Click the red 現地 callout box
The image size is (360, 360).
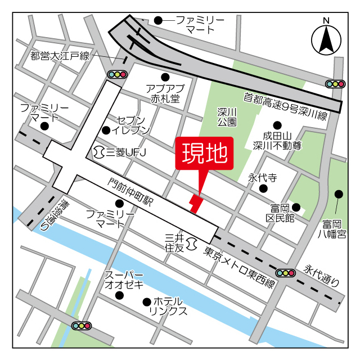click(204, 152)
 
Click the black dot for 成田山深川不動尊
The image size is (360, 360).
click(277, 125)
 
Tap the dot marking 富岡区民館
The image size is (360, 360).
click(295, 208)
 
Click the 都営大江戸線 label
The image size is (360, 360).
click(60, 56)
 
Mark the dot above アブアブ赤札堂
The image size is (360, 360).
click(165, 77)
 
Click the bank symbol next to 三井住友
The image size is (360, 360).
click(191, 242)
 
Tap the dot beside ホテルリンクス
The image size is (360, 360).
click(147, 301)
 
